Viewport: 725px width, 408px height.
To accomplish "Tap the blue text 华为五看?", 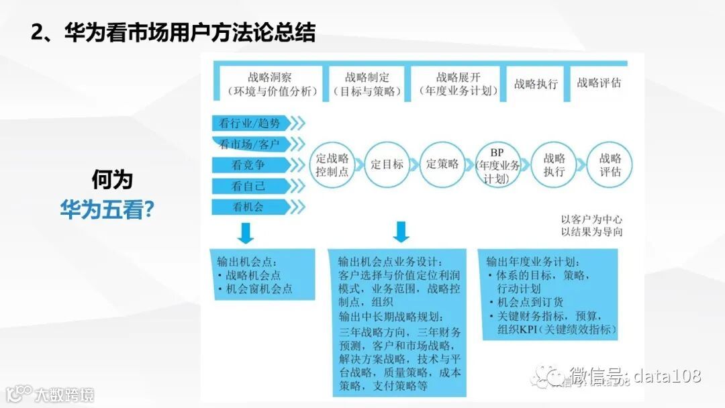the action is point(107,210).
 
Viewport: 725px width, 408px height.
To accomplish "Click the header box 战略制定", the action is point(367,84).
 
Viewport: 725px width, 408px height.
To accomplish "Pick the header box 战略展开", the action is point(458,84).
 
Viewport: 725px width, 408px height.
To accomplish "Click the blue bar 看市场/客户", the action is point(250,144).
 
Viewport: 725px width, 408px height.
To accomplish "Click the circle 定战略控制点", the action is point(332,164).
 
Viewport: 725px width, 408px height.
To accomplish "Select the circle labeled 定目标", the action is point(387,164).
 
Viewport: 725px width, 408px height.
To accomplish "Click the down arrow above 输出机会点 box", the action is point(246,232).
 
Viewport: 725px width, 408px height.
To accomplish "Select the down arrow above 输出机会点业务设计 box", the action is point(401,232).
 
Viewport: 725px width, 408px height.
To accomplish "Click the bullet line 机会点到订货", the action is point(530,303).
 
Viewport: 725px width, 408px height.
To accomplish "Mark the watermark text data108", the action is point(667,375).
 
